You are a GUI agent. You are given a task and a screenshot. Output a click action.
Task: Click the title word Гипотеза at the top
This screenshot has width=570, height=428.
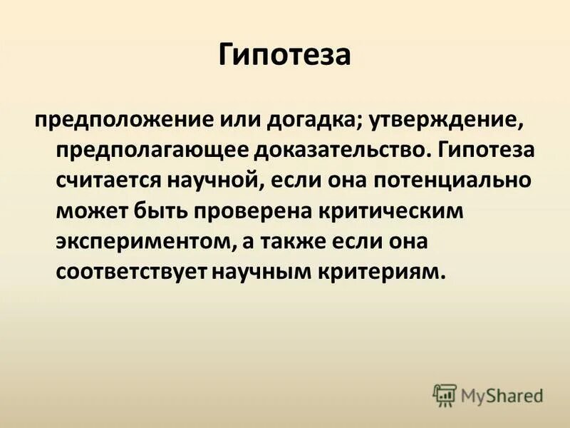pyautogui.click(x=284, y=55)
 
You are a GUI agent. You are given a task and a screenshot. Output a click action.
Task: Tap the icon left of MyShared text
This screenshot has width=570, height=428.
pyautogui.click(x=445, y=393)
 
